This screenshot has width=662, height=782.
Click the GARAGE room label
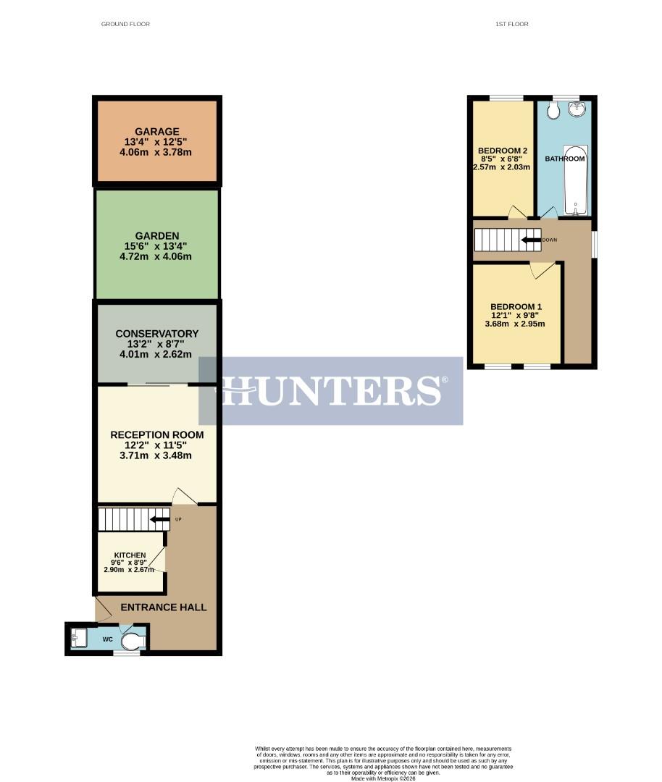coord(156,132)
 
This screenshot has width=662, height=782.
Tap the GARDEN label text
coord(156,235)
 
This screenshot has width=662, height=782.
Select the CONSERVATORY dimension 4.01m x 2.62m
coord(156,355)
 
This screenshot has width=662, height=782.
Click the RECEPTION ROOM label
coord(156,434)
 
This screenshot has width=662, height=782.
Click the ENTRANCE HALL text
coord(163,607)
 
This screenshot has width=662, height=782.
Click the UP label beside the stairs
coord(177,519)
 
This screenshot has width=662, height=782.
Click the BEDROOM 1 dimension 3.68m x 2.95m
coord(516,324)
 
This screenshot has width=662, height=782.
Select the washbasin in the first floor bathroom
coord(578,110)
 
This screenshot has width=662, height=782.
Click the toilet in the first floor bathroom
coord(553,112)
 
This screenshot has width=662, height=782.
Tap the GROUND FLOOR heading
coord(125,24)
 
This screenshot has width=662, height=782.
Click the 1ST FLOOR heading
coord(511,24)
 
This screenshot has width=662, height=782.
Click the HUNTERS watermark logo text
coord(332,390)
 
